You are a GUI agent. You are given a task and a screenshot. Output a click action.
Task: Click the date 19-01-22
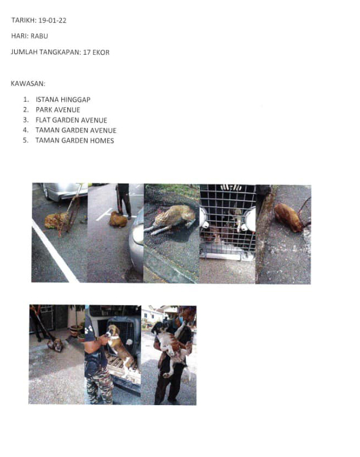tap(52, 20)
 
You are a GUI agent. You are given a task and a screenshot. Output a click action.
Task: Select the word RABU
tap(39, 36)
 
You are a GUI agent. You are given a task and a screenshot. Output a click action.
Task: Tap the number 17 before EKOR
tap(86, 52)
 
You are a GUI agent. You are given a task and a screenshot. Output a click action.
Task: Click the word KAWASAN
tap(28, 84)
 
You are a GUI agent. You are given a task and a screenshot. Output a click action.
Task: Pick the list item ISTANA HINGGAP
tap(63, 99)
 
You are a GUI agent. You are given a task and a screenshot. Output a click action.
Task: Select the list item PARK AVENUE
tap(58, 110)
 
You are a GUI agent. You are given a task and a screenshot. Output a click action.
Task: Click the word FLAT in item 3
tap(43, 120)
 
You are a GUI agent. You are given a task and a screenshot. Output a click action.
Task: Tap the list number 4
tap(26, 130)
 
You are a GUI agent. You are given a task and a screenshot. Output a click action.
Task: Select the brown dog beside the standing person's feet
tap(118, 219)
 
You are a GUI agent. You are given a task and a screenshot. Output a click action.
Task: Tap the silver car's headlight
tap(137, 235)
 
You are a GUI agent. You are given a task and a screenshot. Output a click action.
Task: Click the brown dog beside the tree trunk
tap(288, 217)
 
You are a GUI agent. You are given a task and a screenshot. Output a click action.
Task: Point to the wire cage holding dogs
tap(228, 221)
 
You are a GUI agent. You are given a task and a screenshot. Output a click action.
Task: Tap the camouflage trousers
tap(98, 385)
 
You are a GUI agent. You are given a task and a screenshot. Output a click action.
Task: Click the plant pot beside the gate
tap(75, 331)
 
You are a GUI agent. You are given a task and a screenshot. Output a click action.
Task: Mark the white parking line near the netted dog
tap(55, 251)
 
